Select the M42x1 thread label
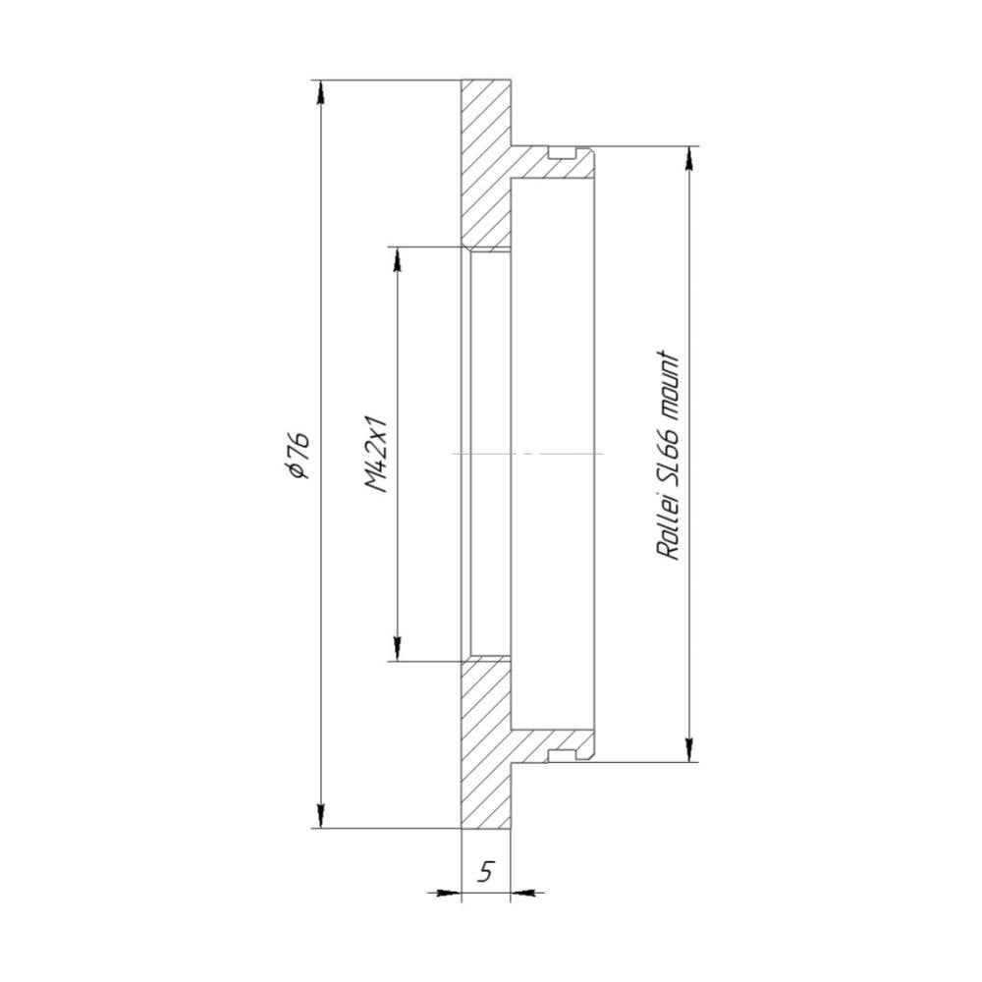coord(376,453)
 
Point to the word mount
coord(669,384)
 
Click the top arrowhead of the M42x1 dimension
coord(396,259)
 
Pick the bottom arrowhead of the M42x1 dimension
coord(396,648)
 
